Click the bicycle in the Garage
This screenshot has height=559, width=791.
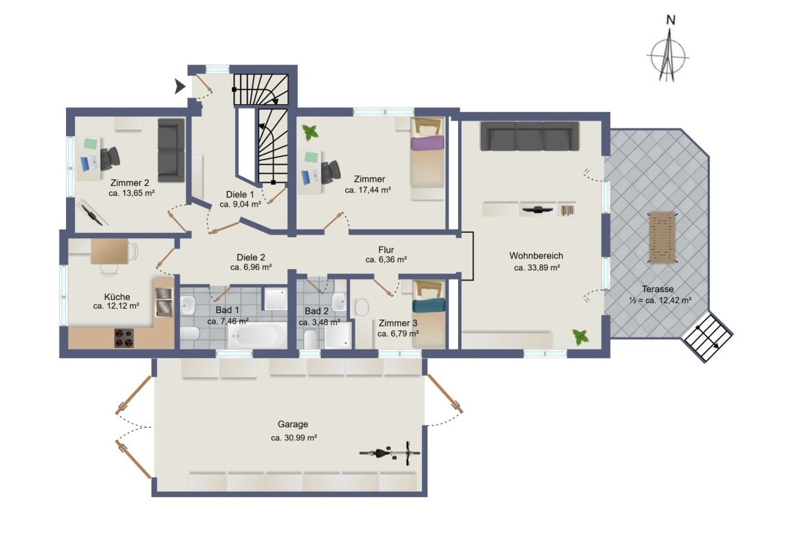(x=390, y=453)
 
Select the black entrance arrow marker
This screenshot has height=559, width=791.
(x=180, y=86)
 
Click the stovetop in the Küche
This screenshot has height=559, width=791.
(x=124, y=338)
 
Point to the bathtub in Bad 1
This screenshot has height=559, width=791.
(x=258, y=336)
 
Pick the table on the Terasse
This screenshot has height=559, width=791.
(x=662, y=237)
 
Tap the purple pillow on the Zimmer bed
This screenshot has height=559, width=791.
(x=427, y=143)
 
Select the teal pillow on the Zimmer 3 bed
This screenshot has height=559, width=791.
(x=428, y=305)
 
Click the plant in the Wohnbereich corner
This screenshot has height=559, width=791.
(x=580, y=337)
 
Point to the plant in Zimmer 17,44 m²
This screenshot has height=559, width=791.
(x=310, y=132)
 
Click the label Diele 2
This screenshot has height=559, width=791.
(x=250, y=258)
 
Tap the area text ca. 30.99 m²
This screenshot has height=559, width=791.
(x=294, y=438)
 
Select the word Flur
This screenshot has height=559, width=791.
(x=386, y=250)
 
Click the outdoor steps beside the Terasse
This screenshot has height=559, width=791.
(x=707, y=337)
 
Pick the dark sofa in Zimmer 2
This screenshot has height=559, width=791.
(x=171, y=150)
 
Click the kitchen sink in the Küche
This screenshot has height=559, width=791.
(x=163, y=302)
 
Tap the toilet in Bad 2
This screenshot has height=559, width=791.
(x=310, y=339)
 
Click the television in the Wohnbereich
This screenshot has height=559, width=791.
(x=538, y=210)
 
